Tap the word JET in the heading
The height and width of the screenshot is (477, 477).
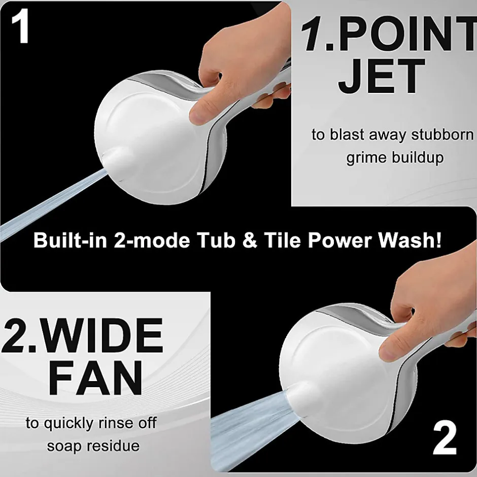[x=382, y=76]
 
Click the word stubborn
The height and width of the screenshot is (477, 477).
[x=442, y=134]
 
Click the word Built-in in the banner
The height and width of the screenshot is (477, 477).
[x=70, y=240]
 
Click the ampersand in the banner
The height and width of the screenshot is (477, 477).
[x=250, y=241]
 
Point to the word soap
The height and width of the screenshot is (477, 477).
[x=64, y=446]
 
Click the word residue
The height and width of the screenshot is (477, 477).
[x=113, y=446]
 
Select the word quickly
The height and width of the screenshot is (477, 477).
[x=69, y=423]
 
